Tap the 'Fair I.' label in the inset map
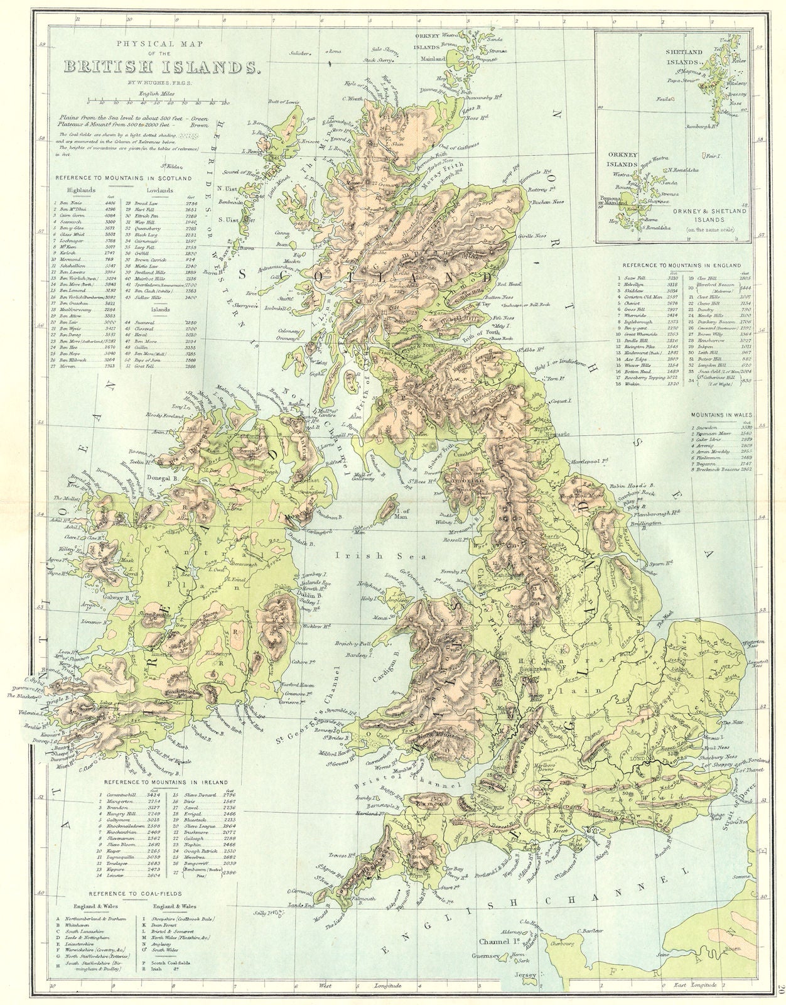pyautogui.click(x=711, y=155)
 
